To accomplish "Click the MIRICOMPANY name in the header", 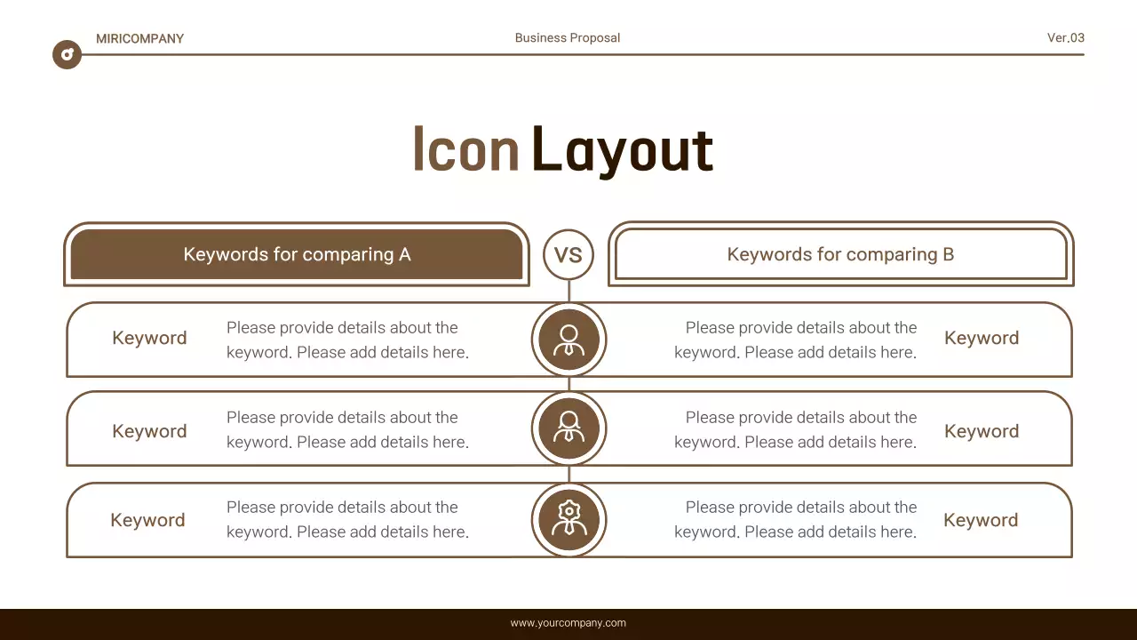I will coord(139,38).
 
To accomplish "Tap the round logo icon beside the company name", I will coord(67,54).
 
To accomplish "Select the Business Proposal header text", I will coord(568,38).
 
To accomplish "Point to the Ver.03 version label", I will coord(1065,38).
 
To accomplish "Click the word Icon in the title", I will coord(465,149).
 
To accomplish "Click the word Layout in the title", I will coord(622,149).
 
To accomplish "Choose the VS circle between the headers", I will coord(568,255).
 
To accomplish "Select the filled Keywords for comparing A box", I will coord(297,255).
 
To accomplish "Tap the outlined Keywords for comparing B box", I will coord(840,255).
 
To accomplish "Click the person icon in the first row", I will coord(568,339).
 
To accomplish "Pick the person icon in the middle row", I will coord(568,428).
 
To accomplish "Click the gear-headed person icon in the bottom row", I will coord(568,519).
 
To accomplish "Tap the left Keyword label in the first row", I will coord(149,339).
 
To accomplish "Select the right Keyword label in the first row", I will coord(982,339).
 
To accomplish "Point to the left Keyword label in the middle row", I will coord(149,432).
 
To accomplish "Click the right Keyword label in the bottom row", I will coord(981,521).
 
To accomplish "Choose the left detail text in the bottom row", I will coord(347,520).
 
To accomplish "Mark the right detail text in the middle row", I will coord(795,430).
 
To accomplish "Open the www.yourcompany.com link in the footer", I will coord(568,623).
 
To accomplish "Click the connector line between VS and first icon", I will coord(568,292).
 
